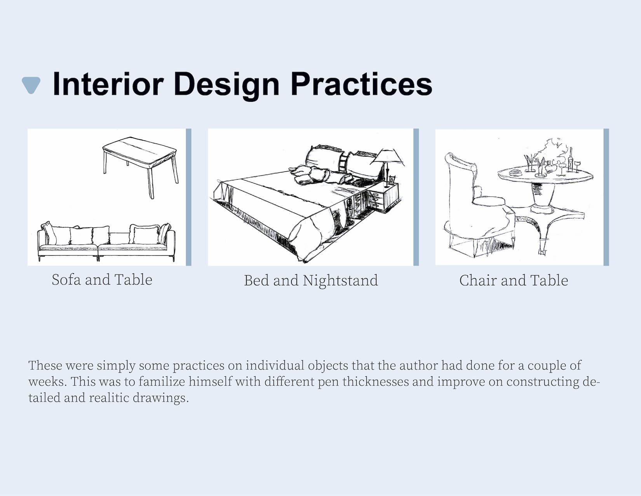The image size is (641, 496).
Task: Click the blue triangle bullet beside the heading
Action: (x=31, y=85)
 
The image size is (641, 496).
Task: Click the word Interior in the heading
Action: (x=108, y=84)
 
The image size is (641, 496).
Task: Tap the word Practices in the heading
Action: (x=362, y=84)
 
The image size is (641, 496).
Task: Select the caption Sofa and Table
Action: (x=102, y=279)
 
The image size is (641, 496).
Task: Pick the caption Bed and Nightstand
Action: (x=311, y=280)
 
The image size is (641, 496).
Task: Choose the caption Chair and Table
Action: (x=514, y=280)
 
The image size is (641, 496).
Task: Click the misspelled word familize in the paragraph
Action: (x=162, y=381)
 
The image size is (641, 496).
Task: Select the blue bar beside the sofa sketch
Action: (x=188, y=197)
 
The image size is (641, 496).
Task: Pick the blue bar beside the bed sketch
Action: (x=416, y=197)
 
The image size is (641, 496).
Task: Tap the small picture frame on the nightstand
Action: (x=392, y=180)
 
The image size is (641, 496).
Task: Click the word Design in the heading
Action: (x=226, y=86)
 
